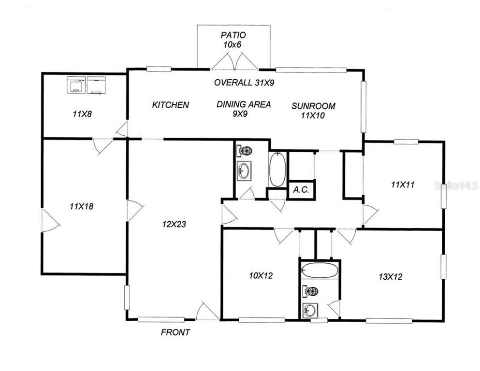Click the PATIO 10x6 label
pos(233,40)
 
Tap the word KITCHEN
pos(170,105)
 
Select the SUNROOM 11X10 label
pos(313,110)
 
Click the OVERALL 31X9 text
pos(244,83)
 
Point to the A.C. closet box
pos(302,190)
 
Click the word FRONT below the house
pos(175,332)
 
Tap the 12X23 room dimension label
pos(175,224)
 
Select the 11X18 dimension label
pos(81,206)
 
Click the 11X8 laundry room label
pos(82,114)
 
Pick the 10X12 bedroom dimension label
pos(261,276)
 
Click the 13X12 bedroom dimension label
pos(391,277)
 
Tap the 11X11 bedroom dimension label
pos(403,184)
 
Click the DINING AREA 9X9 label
pos(244,109)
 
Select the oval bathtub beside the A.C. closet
pos(277,170)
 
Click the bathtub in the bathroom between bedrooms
pos(320,271)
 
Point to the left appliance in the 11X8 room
pos(76,85)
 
